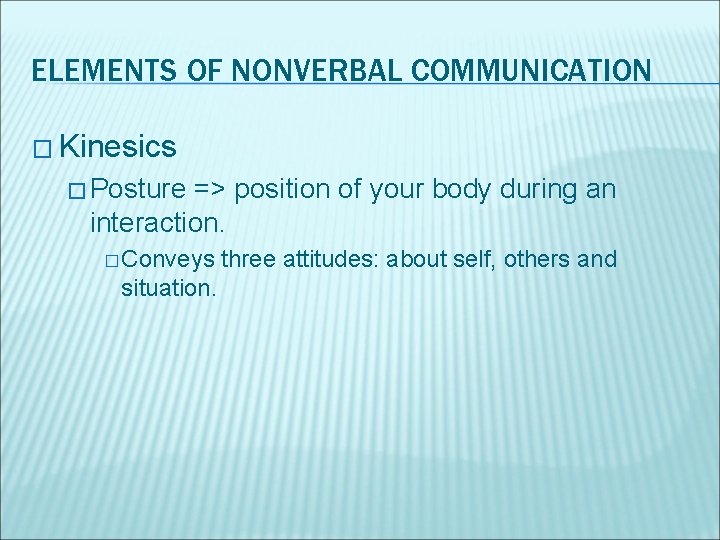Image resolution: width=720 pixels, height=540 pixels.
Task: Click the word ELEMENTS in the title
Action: [91, 71]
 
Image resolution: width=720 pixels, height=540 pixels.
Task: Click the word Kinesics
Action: [118, 147]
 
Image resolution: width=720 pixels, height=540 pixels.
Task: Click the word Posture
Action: [142, 189]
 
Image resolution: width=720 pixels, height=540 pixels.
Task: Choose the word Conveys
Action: [170, 260]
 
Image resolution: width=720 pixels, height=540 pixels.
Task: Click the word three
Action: [248, 260]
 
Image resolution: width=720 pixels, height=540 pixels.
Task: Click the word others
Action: [537, 260]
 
